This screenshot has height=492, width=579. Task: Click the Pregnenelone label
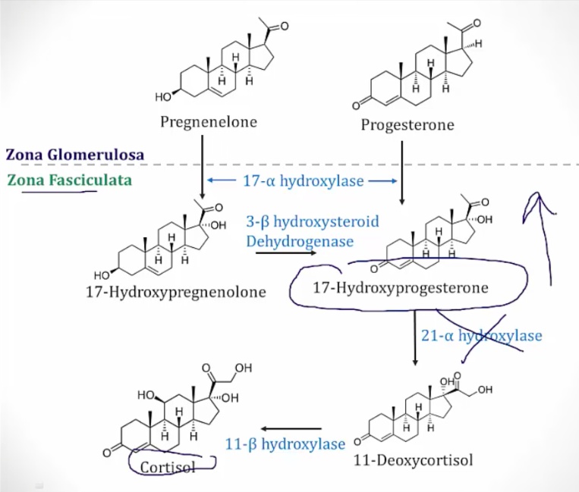click(x=209, y=121)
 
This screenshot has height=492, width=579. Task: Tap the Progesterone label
click(x=408, y=125)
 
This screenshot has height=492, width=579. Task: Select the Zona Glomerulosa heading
click(x=75, y=155)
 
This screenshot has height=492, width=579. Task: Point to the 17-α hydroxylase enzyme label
click(x=304, y=181)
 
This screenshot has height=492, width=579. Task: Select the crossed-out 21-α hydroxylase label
click(x=482, y=335)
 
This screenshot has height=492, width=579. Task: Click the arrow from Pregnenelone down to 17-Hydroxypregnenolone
click(x=203, y=171)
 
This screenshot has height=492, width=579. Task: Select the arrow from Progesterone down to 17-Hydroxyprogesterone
click(x=402, y=171)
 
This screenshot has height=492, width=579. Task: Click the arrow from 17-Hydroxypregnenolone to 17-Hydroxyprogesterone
click(x=285, y=252)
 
